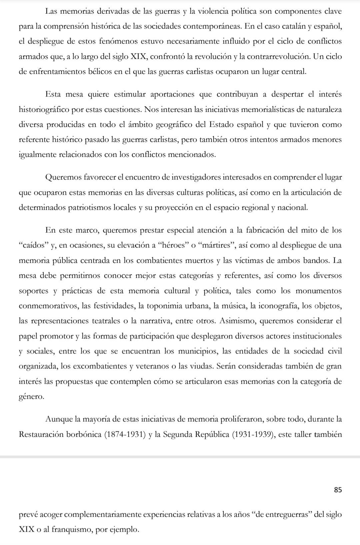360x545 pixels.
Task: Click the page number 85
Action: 337,490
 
